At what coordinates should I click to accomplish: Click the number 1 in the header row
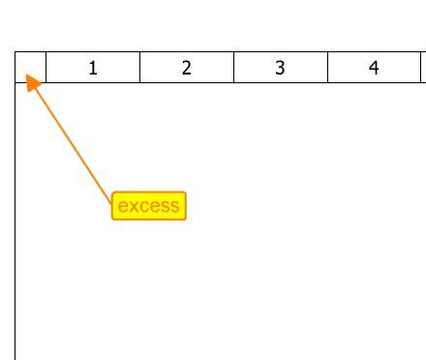[93, 68]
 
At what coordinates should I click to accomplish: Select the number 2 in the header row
[187, 68]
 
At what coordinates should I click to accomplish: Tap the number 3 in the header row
[280, 68]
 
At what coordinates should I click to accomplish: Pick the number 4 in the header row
[374, 68]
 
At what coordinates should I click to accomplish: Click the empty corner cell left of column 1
[31, 67]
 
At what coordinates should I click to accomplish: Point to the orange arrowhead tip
[26, 75]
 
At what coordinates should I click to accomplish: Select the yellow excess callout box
[149, 206]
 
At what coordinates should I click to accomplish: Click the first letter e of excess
[124, 206]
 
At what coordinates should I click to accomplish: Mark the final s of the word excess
[174, 206]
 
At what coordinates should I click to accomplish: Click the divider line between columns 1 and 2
[139, 67]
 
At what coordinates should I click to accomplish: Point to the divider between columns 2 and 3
[233, 67]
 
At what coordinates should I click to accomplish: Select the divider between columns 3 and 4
[327, 67]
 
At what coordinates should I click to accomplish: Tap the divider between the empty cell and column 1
[46, 67]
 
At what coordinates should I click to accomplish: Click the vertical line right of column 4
[421, 67]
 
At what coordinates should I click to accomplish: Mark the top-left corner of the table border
[15, 51]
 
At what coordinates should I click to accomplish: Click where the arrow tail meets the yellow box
[112, 204]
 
